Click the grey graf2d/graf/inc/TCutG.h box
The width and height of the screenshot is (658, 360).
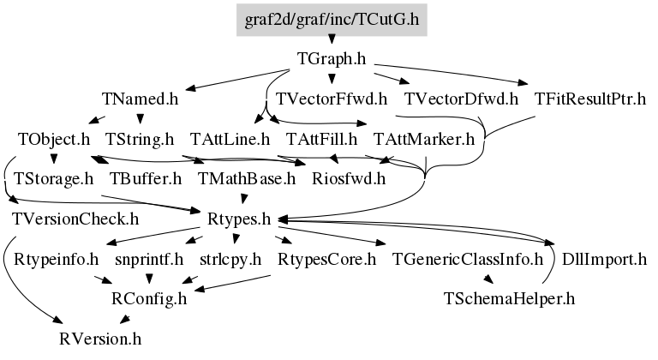(332, 20)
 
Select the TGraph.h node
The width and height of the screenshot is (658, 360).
(332, 59)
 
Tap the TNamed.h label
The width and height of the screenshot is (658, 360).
(141, 99)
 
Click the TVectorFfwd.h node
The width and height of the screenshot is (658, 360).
(331, 99)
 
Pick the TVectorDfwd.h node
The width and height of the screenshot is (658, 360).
(461, 99)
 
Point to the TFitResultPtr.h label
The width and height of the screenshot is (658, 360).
(590, 99)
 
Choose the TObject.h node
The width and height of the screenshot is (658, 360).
(54, 139)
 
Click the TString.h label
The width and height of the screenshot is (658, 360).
(140, 139)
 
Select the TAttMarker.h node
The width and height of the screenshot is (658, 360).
(424, 139)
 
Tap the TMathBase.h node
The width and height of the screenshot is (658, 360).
(247, 179)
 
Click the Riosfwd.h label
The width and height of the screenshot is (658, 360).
(349, 179)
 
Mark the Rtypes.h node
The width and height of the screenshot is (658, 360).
(239, 219)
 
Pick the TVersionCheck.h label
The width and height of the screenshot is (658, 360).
(75, 219)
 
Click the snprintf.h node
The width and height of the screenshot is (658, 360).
(149, 259)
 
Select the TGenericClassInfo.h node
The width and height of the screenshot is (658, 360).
(468, 259)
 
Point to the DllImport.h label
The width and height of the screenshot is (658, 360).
(604, 259)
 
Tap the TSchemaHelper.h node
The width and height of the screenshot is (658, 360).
(509, 298)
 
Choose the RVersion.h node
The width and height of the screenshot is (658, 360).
(100, 339)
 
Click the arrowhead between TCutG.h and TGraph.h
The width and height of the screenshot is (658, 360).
(332, 39)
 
